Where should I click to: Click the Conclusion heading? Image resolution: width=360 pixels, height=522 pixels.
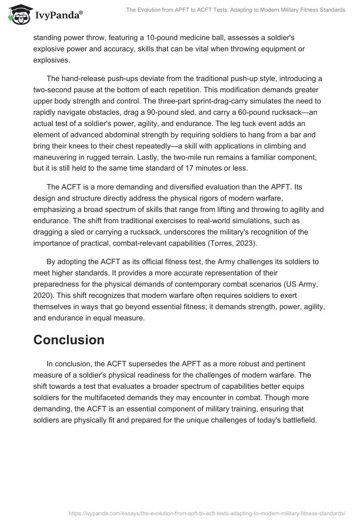point(69,339)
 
